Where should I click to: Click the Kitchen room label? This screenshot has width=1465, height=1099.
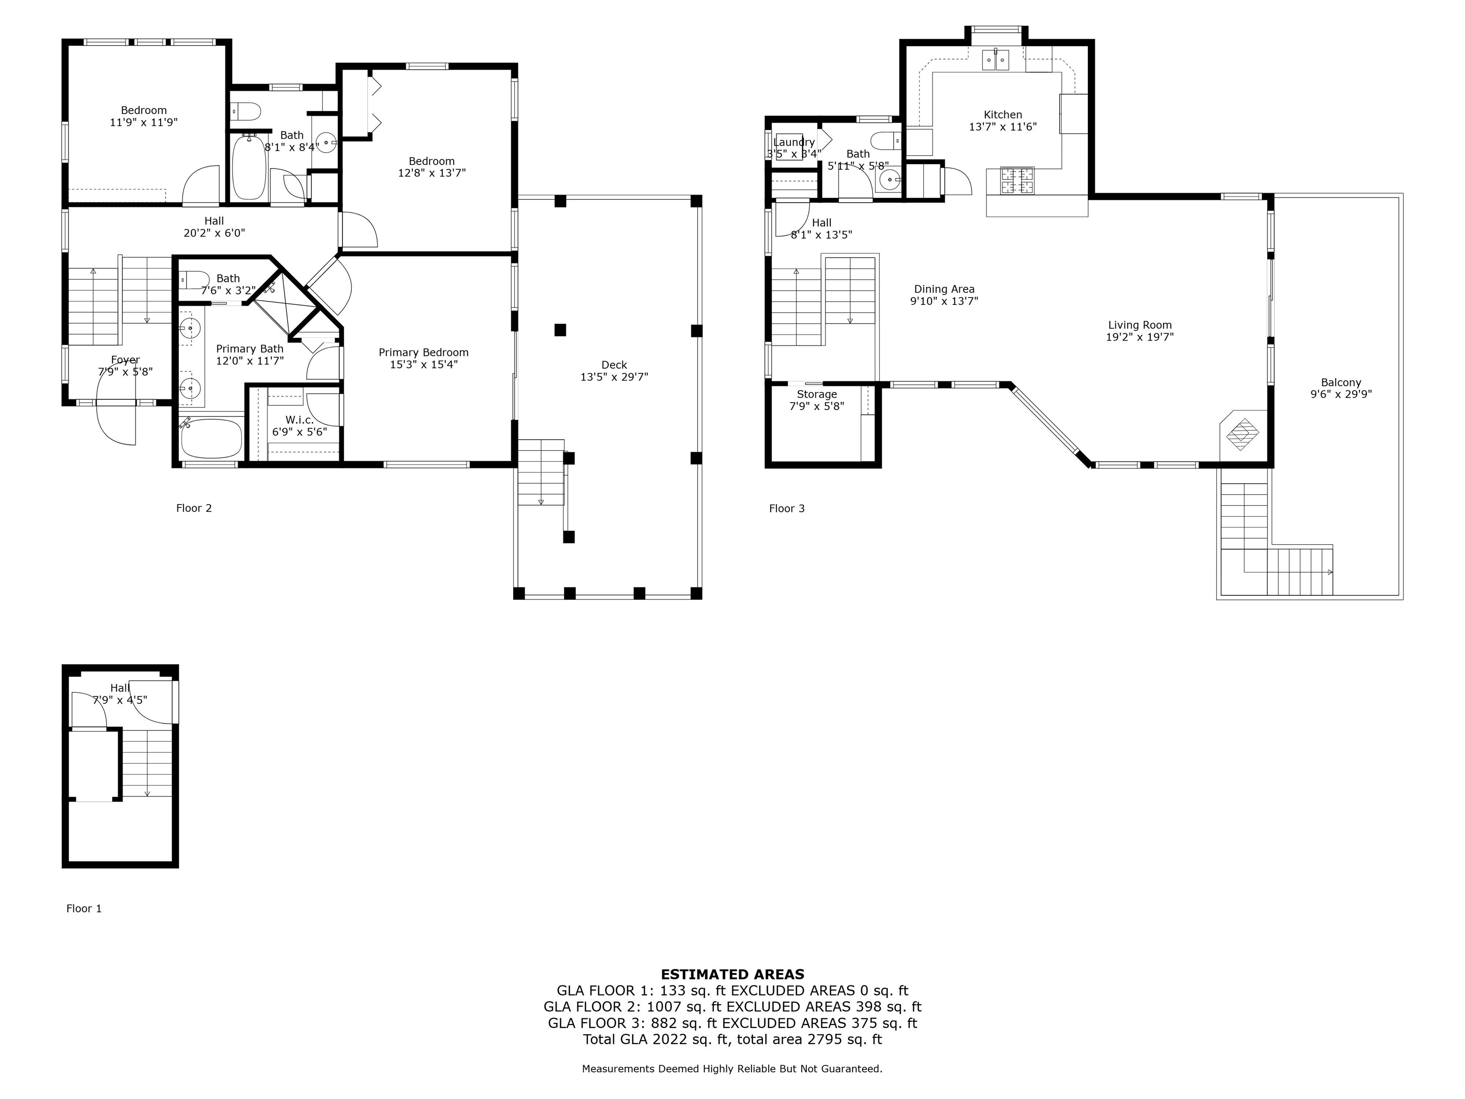[x=1003, y=114]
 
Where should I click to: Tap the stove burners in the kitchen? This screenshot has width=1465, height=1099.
[x=1017, y=180]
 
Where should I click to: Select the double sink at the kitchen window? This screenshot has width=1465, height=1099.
[x=995, y=60]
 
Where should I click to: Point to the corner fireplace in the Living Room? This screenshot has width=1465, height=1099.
[x=1243, y=435]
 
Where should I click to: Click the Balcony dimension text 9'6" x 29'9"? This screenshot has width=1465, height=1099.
[x=1341, y=394]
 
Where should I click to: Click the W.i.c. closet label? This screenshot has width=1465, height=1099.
[x=299, y=420]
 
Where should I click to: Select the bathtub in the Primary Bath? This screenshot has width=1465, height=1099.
[x=211, y=437]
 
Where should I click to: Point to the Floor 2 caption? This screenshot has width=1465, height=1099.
[x=194, y=508]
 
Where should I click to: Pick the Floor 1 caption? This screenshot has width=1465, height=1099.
[x=84, y=908]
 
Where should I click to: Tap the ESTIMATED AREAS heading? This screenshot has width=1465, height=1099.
[x=732, y=975]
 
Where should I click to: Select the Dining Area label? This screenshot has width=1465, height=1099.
[x=944, y=289]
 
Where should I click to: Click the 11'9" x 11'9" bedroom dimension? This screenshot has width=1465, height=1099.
[x=144, y=123]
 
